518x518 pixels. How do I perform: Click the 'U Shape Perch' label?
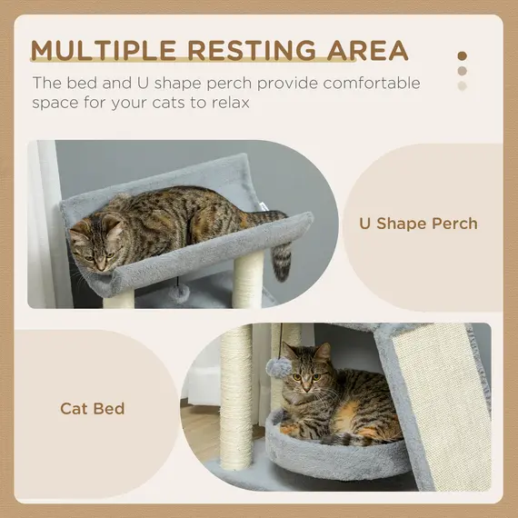click(419, 224)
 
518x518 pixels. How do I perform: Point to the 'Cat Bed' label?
click(93, 408)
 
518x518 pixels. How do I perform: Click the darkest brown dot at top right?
click(463, 55)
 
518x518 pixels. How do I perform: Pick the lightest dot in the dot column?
click(463, 86)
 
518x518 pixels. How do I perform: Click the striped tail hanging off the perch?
click(282, 259)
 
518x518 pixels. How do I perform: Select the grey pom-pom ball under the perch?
click(183, 293)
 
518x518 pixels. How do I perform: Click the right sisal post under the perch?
click(246, 280)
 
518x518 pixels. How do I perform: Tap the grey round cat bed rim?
click(336, 454)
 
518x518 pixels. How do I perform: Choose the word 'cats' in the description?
click(186, 103)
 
